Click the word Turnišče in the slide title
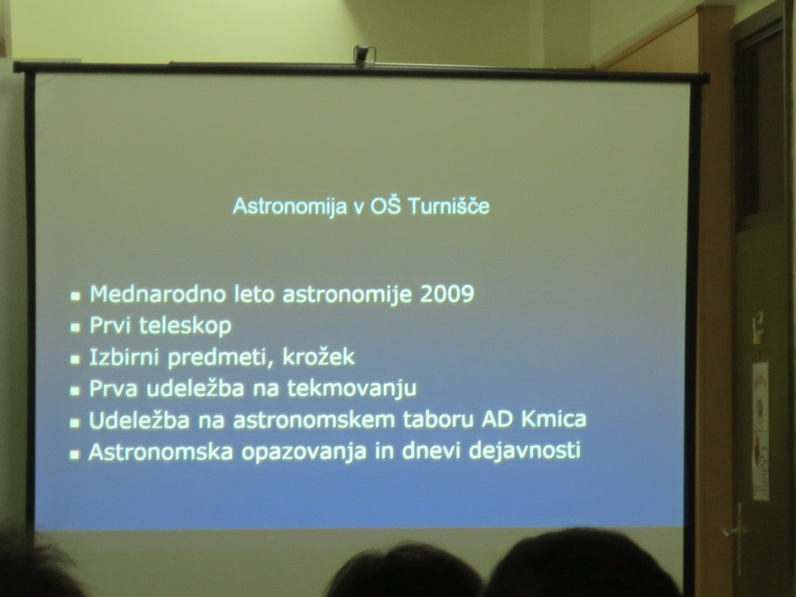(x=449, y=206)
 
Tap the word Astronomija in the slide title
(x=290, y=207)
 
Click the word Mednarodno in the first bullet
(x=158, y=295)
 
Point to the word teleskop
(x=185, y=326)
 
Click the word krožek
(x=318, y=356)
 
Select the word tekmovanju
(x=352, y=388)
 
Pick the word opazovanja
(x=303, y=452)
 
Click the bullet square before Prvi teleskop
(x=76, y=327)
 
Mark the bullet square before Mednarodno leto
(x=76, y=296)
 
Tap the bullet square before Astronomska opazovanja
(x=75, y=454)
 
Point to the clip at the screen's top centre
(x=363, y=55)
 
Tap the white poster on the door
(x=760, y=431)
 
